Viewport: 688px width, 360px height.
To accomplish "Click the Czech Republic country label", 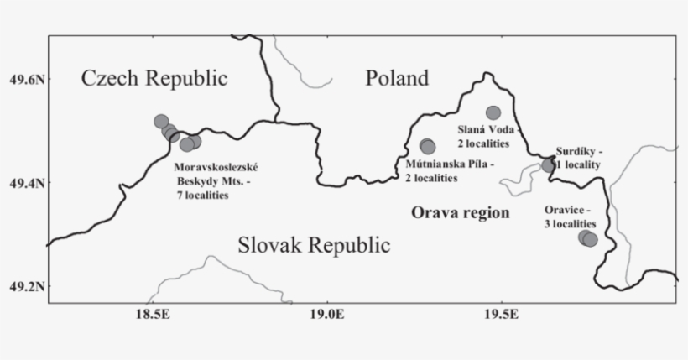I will (154, 79).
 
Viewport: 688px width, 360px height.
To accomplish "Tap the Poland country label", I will (397, 79).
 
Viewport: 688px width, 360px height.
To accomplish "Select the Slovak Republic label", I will (314, 247).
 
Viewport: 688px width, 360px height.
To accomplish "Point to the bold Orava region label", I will (460, 213).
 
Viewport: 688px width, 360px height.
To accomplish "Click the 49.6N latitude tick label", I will (23, 80).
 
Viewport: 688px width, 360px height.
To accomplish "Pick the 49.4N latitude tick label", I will (23, 183).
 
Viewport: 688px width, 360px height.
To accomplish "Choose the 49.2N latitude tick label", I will (23, 286).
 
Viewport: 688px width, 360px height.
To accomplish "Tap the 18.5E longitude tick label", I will (152, 314).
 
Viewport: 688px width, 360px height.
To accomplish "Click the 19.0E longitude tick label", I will (327, 314).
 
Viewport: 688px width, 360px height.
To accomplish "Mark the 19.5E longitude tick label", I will (502, 314).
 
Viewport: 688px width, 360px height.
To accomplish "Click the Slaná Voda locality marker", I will (493, 112).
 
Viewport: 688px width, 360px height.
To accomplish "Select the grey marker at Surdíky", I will (549, 164).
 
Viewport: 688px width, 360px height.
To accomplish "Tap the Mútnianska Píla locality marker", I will (428, 147).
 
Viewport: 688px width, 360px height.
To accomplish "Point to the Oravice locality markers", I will (587, 238).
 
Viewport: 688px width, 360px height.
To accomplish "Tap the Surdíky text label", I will (579, 152).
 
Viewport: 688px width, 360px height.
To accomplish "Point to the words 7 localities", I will (201, 196).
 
